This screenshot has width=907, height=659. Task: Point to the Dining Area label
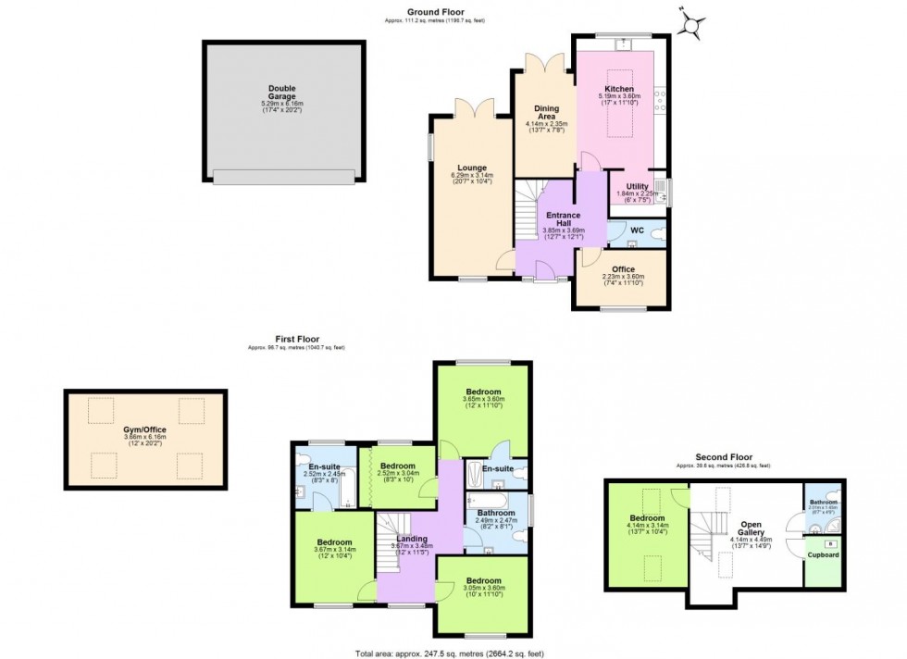tap(545, 111)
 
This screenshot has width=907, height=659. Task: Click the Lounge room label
tap(472, 168)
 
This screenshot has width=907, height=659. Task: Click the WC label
tap(637, 230)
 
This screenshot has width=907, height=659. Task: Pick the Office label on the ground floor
tap(623, 269)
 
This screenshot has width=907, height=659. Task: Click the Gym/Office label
tap(146, 430)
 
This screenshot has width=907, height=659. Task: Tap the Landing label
tap(411, 540)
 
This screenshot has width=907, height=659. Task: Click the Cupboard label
tap(823, 554)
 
